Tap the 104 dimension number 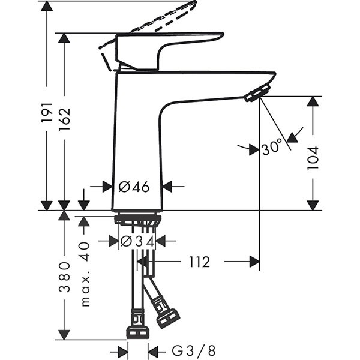[x=313, y=157]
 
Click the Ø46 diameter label [x=133, y=187]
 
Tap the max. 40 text [x=84, y=274]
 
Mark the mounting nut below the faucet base [x=137, y=221]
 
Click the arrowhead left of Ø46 [x=106, y=187]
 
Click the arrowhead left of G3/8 [x=122, y=350]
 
